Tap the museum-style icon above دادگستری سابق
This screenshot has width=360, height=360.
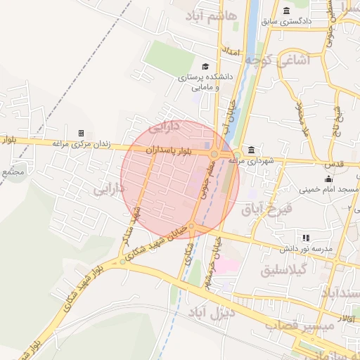coord(286,11)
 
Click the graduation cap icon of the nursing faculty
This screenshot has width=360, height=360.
coord(205,66)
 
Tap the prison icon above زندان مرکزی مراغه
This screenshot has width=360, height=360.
coord(81,133)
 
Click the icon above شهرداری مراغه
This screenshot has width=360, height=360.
coord(252,150)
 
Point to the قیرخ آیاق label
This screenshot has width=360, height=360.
coord(266,208)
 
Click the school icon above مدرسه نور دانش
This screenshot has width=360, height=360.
coord(305,238)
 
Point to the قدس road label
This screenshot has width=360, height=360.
coord(335,164)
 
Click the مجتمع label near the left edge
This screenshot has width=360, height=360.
coord(13,172)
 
